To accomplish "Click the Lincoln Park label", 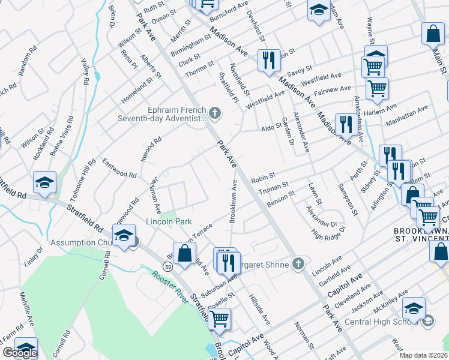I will click(x=169, y=221).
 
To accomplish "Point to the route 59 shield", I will click(x=170, y=266).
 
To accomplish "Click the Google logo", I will click(x=20, y=352).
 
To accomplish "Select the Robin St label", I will click(x=263, y=178).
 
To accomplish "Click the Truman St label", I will click(x=274, y=188).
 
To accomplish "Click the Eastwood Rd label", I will click(x=119, y=167).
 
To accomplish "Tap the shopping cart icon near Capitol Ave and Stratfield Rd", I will click(x=220, y=318).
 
